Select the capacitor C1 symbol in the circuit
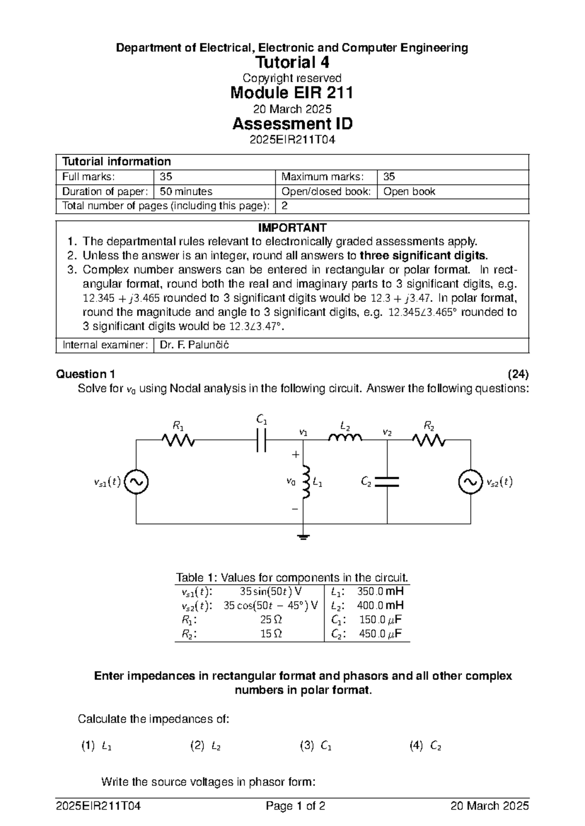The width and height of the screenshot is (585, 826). point(262,440)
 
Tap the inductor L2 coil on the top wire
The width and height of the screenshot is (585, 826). point(345,438)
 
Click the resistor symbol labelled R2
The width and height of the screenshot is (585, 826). point(429,440)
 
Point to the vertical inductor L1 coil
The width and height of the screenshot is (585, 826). point(306,482)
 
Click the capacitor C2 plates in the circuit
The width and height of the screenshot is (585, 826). point(387,482)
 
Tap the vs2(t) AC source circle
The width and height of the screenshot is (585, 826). point(470,482)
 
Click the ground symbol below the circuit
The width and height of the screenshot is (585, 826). point(303,537)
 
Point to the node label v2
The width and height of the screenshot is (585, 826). point(387,432)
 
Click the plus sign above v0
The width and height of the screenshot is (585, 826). point(294,454)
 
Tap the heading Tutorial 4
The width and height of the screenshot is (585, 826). point(292,62)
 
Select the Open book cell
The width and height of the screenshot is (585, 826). point(409,191)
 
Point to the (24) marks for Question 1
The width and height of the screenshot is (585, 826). point(518,374)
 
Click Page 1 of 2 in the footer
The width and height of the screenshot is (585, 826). point(295,806)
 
